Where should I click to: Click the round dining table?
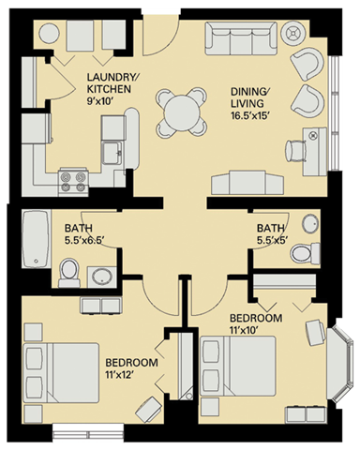(x=177, y=114)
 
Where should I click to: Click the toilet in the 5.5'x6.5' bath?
(x=68, y=271)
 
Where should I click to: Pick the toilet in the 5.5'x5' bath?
(x=302, y=252)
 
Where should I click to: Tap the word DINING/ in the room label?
(x=250, y=92)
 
